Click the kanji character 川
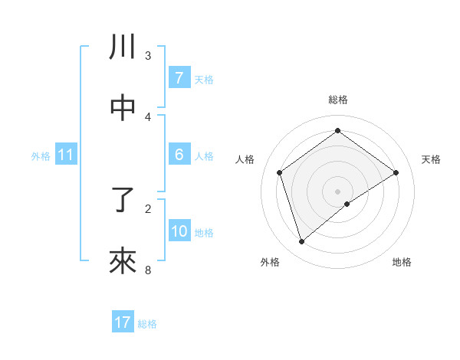(123, 47)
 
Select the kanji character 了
(123, 201)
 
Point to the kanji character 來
(123, 262)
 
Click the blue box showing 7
(179, 78)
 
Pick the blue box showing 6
(179, 155)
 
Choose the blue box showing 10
(179, 232)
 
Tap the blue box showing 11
(66, 155)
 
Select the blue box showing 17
(123, 322)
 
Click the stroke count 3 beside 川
(148, 55)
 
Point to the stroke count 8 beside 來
(148, 270)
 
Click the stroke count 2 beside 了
(148, 208)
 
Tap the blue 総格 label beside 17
(147, 324)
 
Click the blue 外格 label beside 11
(41, 156)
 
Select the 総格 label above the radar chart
(337, 100)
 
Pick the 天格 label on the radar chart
(431, 159)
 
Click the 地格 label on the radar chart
(402, 262)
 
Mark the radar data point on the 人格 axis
(280, 172)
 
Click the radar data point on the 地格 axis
(347, 204)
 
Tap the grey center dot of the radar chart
(337, 190)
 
